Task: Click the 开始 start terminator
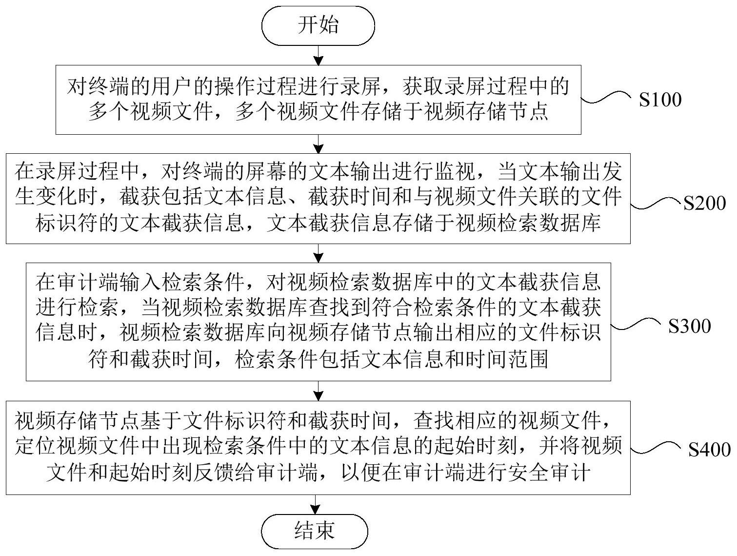[x=318, y=25]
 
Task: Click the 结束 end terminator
[x=315, y=531]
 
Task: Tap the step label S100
[x=660, y=100]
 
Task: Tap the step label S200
[x=705, y=203]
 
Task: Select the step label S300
[x=690, y=326]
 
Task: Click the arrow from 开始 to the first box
[x=318, y=56]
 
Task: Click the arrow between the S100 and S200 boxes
[x=318, y=144]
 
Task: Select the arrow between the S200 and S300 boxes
[x=318, y=253]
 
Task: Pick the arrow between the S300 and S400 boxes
[x=318, y=391]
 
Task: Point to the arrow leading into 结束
[x=315, y=504]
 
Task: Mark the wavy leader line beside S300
[x=638, y=324]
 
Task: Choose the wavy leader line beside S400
[x=657, y=448]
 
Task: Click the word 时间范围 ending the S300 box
[x=507, y=359]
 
